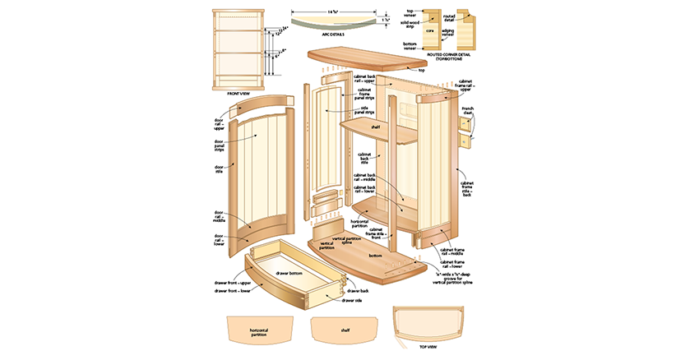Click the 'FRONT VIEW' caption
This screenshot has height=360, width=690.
click(x=238, y=93)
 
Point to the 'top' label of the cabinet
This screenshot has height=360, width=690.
click(x=422, y=70)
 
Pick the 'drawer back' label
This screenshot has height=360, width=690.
click(x=357, y=290)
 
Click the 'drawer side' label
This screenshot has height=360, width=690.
click(x=353, y=301)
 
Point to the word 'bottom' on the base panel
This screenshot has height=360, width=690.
click(x=375, y=256)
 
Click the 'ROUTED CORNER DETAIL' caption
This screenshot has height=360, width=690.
click(x=449, y=57)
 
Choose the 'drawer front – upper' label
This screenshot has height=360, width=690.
click(x=233, y=283)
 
